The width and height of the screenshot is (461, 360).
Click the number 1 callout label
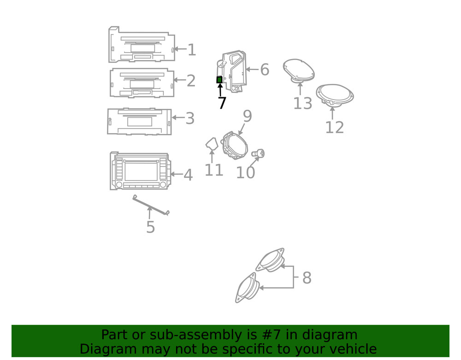pos(191,50)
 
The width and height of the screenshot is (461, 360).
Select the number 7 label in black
pos(222,103)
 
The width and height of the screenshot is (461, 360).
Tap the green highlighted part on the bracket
pos(219,80)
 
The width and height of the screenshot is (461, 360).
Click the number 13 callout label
pos(302,103)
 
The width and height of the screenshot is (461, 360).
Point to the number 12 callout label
pos(334,127)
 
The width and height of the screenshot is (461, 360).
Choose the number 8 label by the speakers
pos(307,278)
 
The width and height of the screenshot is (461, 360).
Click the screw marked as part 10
pos(260,153)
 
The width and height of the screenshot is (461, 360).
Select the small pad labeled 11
pos(212,145)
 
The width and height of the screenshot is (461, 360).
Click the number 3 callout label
pos(189,118)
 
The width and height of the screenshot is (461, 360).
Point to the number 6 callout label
pos(264,70)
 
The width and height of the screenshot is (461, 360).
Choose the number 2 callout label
pos(191,81)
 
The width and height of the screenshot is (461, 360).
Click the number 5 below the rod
pos(150,227)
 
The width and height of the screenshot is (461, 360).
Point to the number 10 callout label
pos(245,172)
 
